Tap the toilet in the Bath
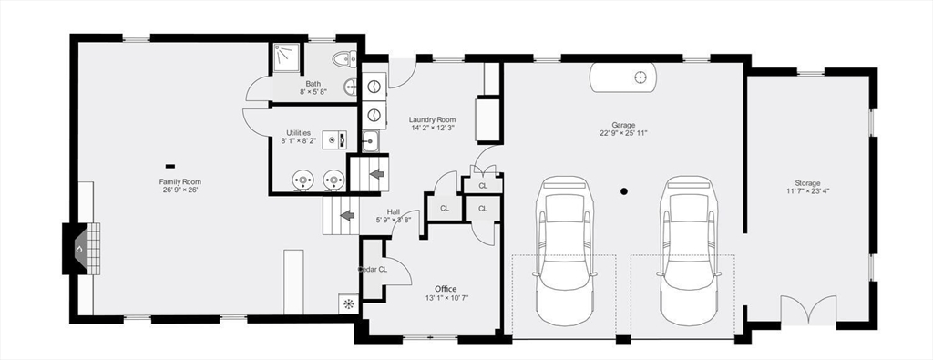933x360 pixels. point(344,61)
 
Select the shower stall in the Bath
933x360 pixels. point(286,57)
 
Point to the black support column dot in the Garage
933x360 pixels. point(624,191)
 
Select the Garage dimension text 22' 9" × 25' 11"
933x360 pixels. point(623,134)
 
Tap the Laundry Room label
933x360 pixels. point(432,119)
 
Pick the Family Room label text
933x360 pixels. point(179,181)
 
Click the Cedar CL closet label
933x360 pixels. point(372,269)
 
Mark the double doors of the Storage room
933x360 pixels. point(807,310)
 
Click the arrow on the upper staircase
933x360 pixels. point(375,172)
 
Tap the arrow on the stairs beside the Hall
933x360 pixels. point(346,216)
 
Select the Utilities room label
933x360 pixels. point(300,132)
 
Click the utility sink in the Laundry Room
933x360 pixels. point(370,141)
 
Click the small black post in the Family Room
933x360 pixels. point(170,166)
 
